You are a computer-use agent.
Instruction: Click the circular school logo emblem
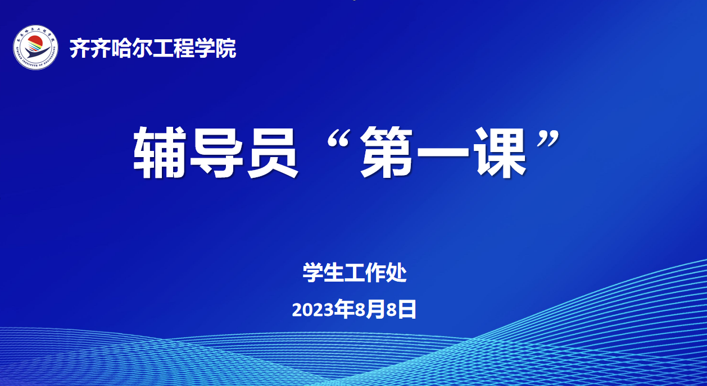(35, 47)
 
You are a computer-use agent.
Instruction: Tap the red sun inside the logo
(35, 43)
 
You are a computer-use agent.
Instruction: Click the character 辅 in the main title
(160, 153)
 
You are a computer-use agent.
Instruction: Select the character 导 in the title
(216, 153)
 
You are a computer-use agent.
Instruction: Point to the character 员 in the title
(273, 153)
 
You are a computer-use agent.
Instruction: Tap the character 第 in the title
(387, 153)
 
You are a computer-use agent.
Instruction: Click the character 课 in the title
(500, 153)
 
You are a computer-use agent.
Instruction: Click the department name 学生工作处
(355, 273)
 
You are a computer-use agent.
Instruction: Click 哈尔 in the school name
(132, 48)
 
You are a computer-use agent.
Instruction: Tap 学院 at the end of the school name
(215, 48)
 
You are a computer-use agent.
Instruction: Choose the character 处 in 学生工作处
(396, 273)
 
